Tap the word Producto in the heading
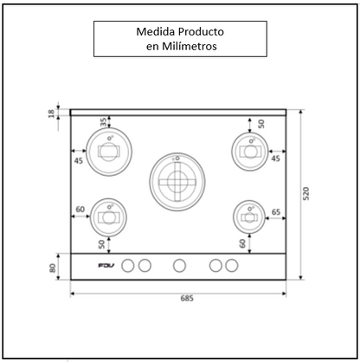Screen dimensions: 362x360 coord(206,31)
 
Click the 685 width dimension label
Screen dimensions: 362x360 coord(186,299)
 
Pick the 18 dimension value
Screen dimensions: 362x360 coord(52,113)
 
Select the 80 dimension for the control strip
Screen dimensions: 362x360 coord(52,268)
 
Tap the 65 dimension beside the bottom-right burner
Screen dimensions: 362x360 coord(275,211)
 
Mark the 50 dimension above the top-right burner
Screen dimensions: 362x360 coord(260,124)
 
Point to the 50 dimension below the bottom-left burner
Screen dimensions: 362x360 coord(101,244)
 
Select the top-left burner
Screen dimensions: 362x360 coord(109,150)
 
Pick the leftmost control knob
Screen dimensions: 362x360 coord(128,265)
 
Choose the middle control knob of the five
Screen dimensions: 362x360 coord(179,265)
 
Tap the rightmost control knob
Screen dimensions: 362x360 coord(231,265)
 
